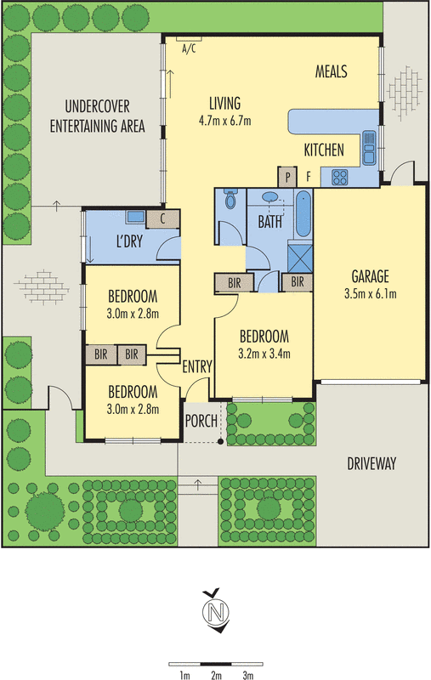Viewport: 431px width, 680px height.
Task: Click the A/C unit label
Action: (x=189, y=48)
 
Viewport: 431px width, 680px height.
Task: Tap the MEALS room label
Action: (x=332, y=71)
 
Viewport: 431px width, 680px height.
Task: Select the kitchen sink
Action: (x=370, y=148)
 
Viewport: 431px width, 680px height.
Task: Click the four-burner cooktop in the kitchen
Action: (x=339, y=178)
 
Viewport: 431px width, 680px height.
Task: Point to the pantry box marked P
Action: (x=287, y=177)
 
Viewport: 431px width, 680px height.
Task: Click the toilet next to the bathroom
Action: (x=230, y=199)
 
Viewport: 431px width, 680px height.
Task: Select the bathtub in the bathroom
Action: (x=303, y=213)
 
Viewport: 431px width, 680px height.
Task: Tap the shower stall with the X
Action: (x=300, y=258)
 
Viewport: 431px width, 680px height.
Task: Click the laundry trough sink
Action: (x=136, y=217)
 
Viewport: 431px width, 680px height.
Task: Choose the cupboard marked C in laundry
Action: (x=162, y=219)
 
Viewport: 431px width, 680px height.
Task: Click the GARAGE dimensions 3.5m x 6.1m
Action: (x=371, y=294)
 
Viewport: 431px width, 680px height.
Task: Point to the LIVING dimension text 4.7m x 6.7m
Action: (x=224, y=121)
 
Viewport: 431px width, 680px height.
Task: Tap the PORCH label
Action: (x=201, y=421)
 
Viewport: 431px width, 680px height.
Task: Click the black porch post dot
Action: (x=220, y=442)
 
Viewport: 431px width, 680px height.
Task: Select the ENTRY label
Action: (x=197, y=367)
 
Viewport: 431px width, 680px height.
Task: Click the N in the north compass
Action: (x=216, y=612)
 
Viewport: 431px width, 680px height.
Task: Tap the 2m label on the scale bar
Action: (x=216, y=675)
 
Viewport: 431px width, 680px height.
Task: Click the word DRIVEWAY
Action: (x=371, y=463)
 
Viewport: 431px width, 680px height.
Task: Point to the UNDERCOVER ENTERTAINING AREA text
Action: (x=97, y=116)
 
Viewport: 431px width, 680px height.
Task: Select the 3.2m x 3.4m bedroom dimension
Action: (x=264, y=354)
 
